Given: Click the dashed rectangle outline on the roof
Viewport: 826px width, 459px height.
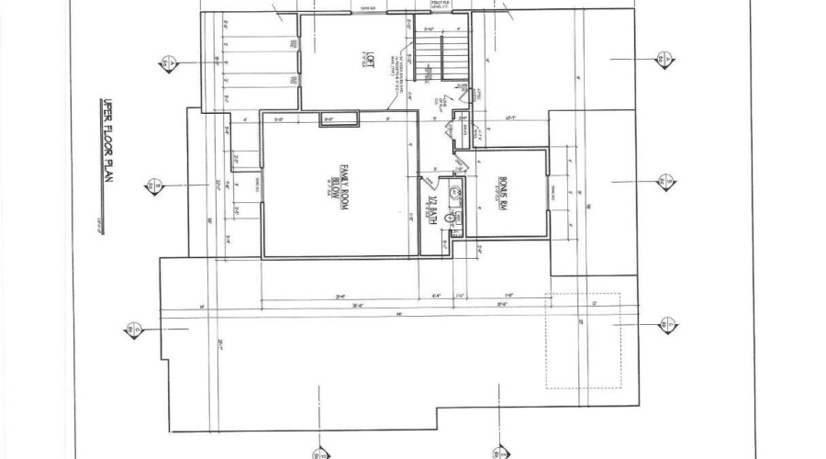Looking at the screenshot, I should [583, 340].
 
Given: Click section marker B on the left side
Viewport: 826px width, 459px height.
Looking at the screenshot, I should [151, 187].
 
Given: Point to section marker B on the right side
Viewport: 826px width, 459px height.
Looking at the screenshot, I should [663, 182].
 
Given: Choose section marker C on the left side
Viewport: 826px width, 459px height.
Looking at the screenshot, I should [135, 328].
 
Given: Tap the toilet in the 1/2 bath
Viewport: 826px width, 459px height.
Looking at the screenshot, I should [451, 218].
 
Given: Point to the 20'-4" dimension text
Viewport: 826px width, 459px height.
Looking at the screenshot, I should [340, 297].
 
